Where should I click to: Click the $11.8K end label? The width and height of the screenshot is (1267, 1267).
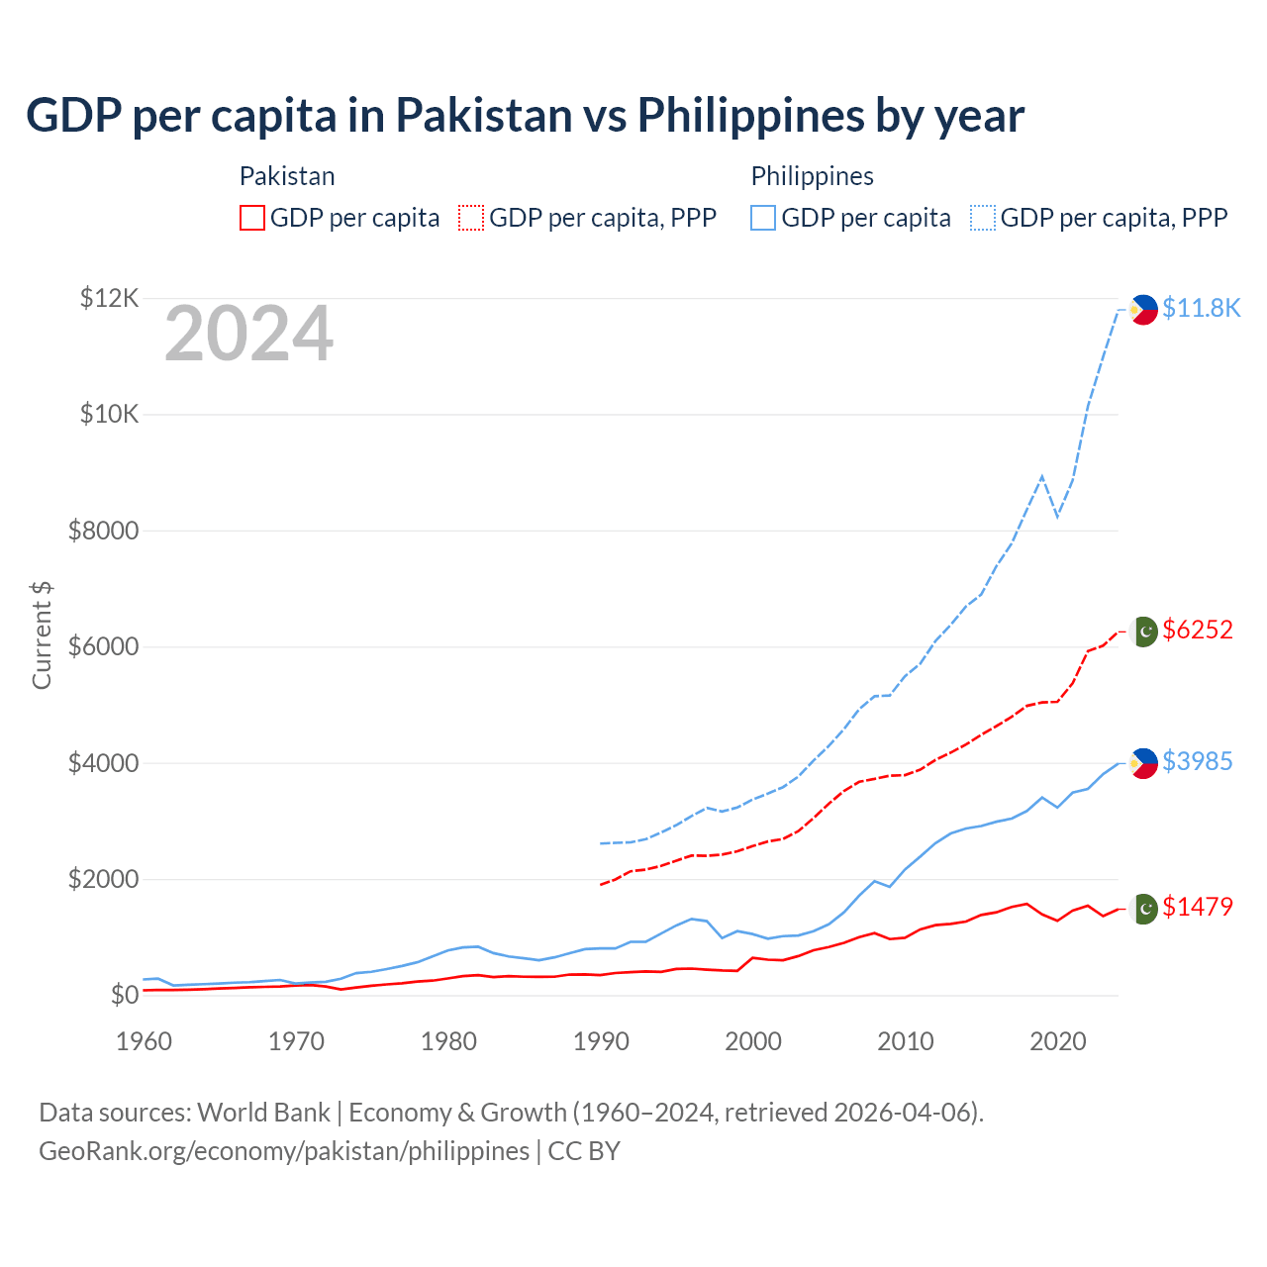coord(1201,308)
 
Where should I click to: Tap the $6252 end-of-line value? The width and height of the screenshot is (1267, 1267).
coord(1198,630)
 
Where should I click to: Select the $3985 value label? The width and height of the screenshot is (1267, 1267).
coord(1198,761)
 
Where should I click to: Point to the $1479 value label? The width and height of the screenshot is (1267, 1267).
coord(1198,907)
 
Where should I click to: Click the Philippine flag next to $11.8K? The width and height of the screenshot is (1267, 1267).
coord(1143,310)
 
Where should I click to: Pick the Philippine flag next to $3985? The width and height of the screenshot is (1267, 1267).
coord(1143,763)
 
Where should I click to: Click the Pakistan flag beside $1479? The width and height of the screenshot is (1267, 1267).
coord(1143,909)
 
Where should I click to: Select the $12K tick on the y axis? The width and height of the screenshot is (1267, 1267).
coord(109,298)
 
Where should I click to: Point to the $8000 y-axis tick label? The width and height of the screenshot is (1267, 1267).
coord(103,531)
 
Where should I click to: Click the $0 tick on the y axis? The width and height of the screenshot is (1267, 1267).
coord(124,995)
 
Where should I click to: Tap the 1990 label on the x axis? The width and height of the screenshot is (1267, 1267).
coord(601,1041)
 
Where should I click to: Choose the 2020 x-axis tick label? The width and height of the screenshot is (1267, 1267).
coord(1058,1041)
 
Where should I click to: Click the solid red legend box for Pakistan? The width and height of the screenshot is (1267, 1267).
coord(252,218)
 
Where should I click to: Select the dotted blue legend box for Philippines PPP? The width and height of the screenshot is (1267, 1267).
coord(983,218)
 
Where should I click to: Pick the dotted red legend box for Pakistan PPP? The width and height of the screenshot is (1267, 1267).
coord(471,218)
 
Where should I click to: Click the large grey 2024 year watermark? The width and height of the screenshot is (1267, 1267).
coord(248,335)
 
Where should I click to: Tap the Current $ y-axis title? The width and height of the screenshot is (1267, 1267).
coord(42,635)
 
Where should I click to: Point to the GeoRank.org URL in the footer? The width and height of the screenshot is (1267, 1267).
coord(284,1151)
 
